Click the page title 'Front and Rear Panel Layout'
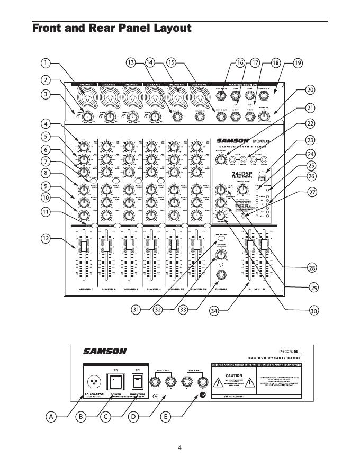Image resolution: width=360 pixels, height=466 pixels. tap(112, 28)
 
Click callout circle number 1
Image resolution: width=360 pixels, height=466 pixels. tap(46, 63)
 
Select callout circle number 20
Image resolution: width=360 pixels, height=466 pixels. tap(310, 89)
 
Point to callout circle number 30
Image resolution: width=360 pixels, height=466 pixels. tap(314, 311)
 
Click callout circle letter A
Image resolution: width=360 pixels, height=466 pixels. tap(51, 417)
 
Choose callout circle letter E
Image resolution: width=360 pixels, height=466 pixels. tap(166, 417)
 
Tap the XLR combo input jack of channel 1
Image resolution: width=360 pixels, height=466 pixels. tap(85, 98)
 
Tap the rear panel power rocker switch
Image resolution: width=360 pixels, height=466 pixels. tap(114, 381)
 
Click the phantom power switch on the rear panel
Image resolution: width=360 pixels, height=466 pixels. tap(138, 382)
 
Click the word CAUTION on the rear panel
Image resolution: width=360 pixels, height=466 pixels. tap(234, 375)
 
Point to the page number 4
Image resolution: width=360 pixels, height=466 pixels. tap(180, 448)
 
